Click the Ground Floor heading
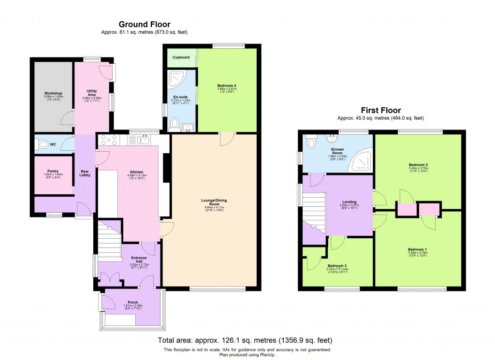pos(144,24)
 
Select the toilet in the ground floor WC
pos(43,144)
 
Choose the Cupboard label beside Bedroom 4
pos(181,58)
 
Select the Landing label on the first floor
pos(349,202)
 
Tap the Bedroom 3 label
pos(337,266)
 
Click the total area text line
pos(245,340)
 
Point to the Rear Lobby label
pos(85,173)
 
